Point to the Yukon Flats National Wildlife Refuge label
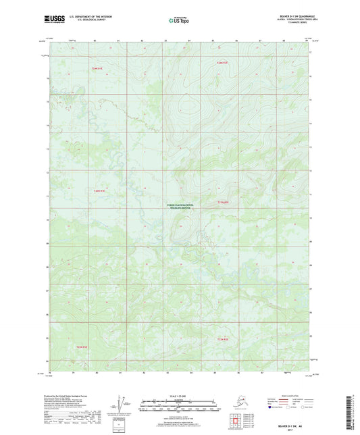point(179,207)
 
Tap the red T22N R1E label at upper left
point(97,68)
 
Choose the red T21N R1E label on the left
point(99,191)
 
